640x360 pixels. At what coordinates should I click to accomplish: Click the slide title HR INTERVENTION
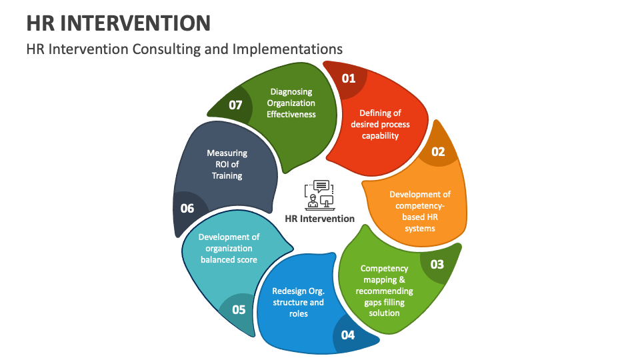pos(119,23)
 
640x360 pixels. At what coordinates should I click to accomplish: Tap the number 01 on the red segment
pos(349,78)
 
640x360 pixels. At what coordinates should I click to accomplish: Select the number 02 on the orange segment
pos(437,151)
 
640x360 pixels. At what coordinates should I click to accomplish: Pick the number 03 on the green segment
pos(437,264)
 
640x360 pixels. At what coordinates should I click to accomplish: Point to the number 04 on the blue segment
pos(348,335)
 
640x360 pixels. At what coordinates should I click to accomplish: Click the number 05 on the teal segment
pos(239,309)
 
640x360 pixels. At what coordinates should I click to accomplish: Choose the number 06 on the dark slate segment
pos(187,208)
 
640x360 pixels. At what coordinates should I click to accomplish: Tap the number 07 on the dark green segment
pos(235,105)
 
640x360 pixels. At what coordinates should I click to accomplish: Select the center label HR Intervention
pos(319,219)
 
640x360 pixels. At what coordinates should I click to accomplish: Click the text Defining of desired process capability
pos(380,125)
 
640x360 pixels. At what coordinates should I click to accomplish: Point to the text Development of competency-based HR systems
pos(420,211)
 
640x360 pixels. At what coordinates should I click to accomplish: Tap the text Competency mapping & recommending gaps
pos(385,291)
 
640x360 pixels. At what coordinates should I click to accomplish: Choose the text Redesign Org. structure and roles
pos(298,302)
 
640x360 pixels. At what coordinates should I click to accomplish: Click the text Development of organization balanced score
pos(229,248)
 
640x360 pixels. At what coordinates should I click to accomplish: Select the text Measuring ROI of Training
pos(227,165)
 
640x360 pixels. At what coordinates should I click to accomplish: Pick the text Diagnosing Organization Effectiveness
pos(291,103)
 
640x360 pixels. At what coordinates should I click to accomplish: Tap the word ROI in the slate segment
pos(222,165)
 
